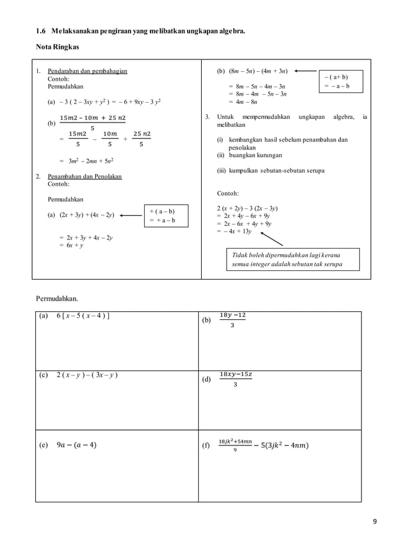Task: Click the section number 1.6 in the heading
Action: pyautogui.click(x=41, y=30)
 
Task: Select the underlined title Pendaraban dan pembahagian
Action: pyautogui.click(x=87, y=71)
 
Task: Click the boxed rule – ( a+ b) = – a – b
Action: pyautogui.click(x=340, y=82)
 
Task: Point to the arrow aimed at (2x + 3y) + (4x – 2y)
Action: pyautogui.click(x=131, y=216)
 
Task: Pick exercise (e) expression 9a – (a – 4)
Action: pyautogui.click(x=76, y=445)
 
